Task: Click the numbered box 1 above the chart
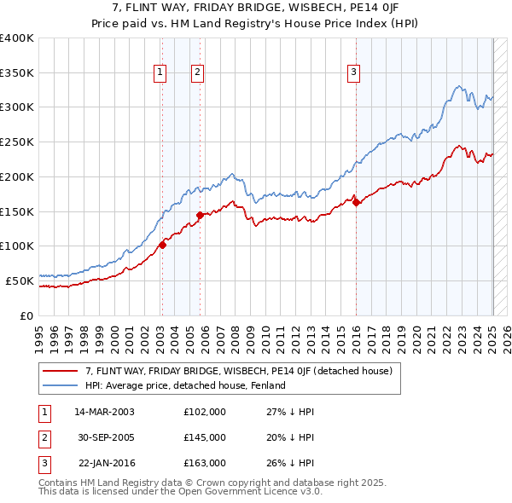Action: coord(160,73)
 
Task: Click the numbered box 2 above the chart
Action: coord(197,73)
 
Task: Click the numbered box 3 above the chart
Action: coord(353,73)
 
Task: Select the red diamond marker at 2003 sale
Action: coord(162,245)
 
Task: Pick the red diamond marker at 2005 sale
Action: coord(201,215)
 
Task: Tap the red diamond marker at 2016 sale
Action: coord(356,202)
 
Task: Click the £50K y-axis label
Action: coord(20,280)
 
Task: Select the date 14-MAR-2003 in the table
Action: coord(104,411)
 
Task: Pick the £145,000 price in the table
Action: coord(205,437)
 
